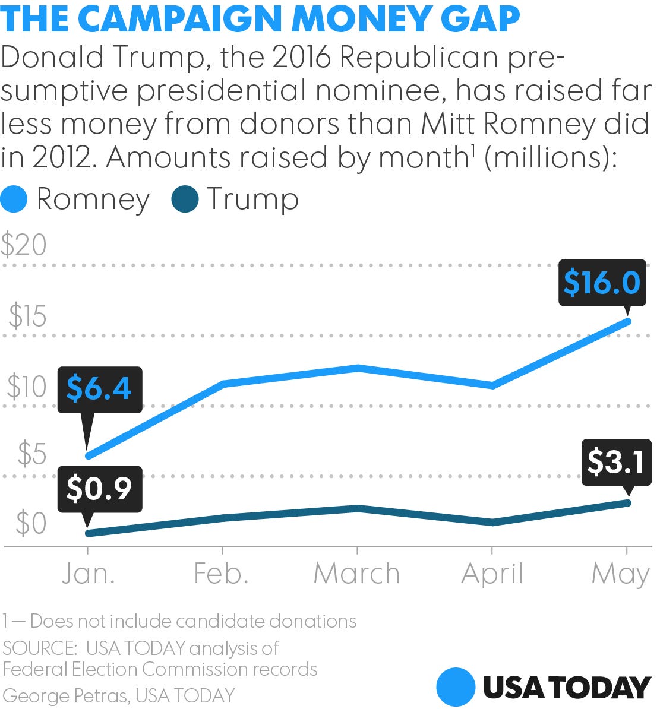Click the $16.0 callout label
click(x=602, y=283)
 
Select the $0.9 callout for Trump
click(x=99, y=489)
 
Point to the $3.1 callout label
click(x=615, y=462)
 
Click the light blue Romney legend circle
click(x=14, y=199)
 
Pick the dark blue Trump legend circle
click(x=185, y=199)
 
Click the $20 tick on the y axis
click(x=24, y=245)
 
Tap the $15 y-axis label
click(x=27, y=316)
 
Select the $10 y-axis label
click(x=27, y=387)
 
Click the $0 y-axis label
click(x=31, y=524)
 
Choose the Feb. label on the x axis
click(x=221, y=574)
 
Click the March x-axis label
click(x=356, y=574)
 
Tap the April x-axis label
click(x=492, y=574)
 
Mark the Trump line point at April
click(x=492, y=523)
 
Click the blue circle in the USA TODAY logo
click(x=456, y=687)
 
